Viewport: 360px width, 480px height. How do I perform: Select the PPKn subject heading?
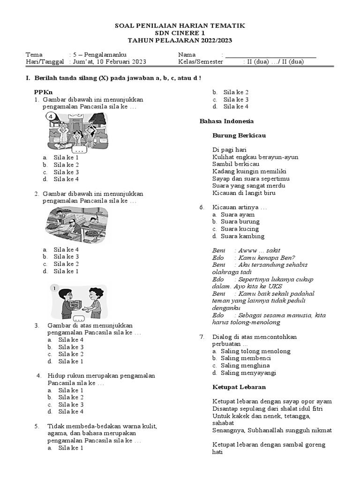point(43,92)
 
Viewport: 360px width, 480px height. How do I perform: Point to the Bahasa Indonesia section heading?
point(227,121)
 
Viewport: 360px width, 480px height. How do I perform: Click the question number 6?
point(202,207)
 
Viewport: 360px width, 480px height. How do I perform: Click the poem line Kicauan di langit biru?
point(244,193)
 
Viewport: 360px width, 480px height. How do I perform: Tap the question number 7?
point(202,337)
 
